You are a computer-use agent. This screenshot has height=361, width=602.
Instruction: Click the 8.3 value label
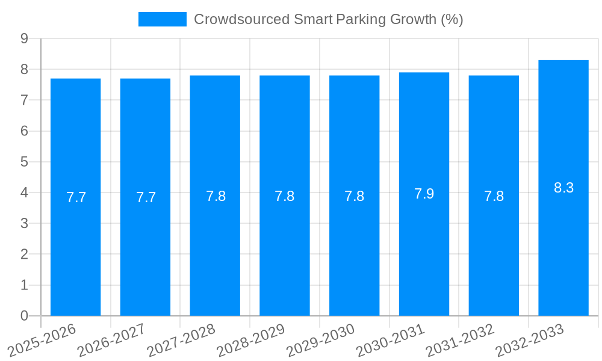[x=563, y=188]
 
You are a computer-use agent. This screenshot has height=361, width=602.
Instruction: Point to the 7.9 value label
[x=424, y=194]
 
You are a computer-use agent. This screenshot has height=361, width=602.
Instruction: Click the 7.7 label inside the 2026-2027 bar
[x=146, y=197]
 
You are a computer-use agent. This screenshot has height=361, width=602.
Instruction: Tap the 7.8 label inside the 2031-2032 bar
[x=494, y=196]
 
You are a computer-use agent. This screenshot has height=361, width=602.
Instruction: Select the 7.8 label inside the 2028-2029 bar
[x=285, y=196]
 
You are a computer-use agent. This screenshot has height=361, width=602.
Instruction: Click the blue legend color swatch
[x=162, y=19]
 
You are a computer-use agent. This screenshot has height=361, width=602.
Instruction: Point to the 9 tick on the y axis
[x=24, y=39]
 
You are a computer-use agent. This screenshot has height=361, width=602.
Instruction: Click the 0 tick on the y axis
[x=24, y=316]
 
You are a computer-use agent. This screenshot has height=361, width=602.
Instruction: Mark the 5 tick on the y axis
[x=24, y=162]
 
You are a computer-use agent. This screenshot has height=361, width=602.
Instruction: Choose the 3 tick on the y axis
[x=24, y=223]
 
